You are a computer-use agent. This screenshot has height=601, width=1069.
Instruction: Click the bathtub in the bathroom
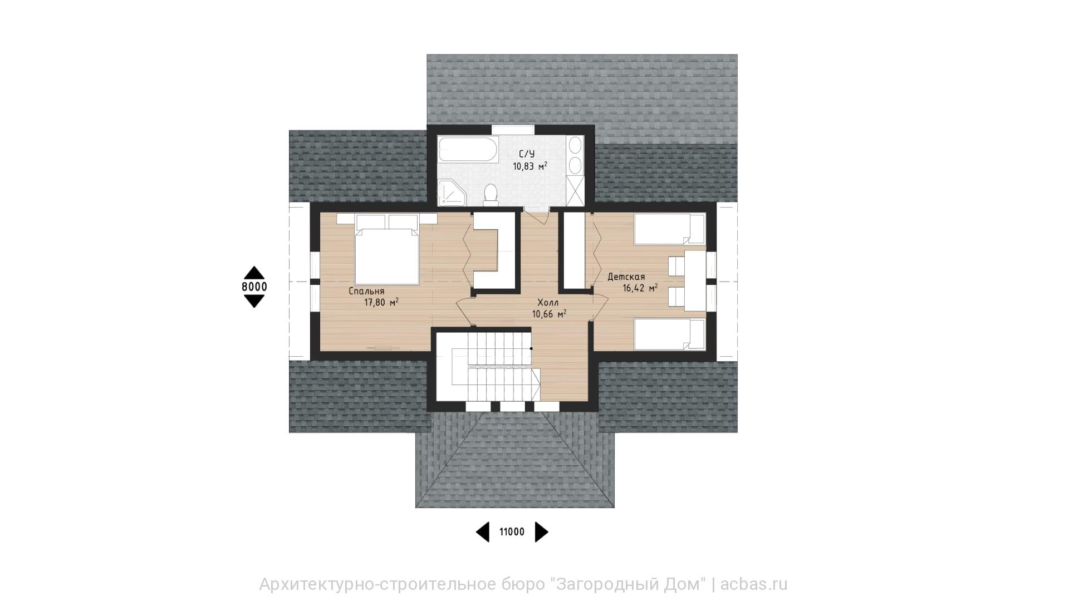[x=467, y=150]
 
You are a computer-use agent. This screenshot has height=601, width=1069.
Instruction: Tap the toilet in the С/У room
[x=491, y=195]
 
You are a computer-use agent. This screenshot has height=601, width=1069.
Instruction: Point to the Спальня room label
[x=366, y=292]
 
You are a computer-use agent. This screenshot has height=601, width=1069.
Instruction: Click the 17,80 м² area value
[x=381, y=303]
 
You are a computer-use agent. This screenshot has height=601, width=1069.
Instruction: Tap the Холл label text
[x=548, y=303]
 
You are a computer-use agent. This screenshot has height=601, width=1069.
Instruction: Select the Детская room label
[x=626, y=277]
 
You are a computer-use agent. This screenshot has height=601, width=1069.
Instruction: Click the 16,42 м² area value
[x=640, y=288]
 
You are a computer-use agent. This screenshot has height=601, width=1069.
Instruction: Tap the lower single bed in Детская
[x=670, y=334]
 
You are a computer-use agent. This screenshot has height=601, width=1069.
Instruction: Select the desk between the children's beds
[x=695, y=280]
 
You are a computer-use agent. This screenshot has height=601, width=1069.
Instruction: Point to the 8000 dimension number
[x=254, y=287]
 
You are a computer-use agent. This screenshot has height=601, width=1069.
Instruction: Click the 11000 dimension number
[x=512, y=532]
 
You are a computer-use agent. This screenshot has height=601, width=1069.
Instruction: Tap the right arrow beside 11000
[x=542, y=532]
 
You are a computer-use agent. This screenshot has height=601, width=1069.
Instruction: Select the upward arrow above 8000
[x=254, y=272]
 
